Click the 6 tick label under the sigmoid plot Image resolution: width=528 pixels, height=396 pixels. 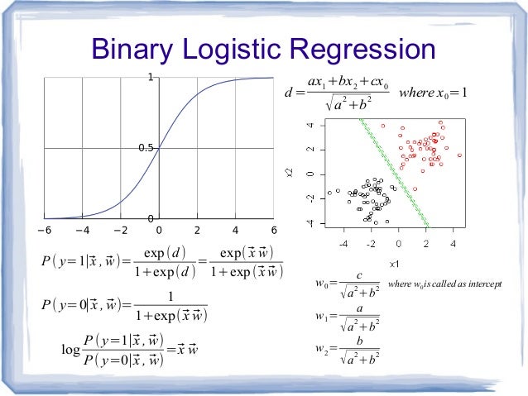click(x=274, y=230)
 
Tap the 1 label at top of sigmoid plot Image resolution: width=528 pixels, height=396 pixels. click(x=151, y=78)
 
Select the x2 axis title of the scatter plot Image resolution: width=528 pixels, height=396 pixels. click(x=290, y=172)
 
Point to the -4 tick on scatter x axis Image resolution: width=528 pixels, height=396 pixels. click(x=343, y=244)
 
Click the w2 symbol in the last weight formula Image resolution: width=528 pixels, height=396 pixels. click(x=321, y=348)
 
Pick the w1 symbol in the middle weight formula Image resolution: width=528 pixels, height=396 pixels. click(x=321, y=317)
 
